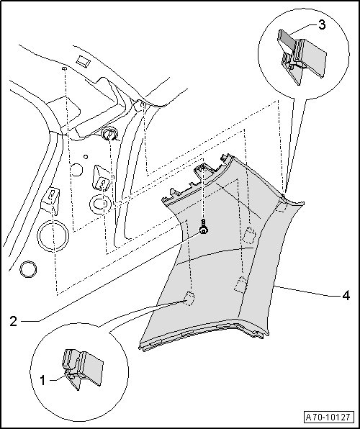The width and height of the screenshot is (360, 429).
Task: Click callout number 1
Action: pyautogui.click(x=42, y=380)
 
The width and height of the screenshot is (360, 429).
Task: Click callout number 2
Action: pyautogui.click(x=14, y=321)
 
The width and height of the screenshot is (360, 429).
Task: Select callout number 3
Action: pyautogui.click(x=322, y=24)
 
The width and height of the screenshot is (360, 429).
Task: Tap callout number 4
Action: pyautogui.click(x=346, y=296)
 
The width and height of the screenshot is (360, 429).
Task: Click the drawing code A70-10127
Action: pyautogui.click(x=328, y=417)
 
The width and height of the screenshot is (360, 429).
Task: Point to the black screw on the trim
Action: pyautogui.click(x=203, y=227)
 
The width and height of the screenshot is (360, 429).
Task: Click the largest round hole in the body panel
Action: pyautogui.click(x=53, y=235)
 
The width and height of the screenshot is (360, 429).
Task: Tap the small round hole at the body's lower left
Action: pyautogui.click(x=28, y=269)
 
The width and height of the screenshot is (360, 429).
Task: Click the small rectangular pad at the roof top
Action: pyautogui.click(x=84, y=61)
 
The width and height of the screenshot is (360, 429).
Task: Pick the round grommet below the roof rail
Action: pyautogui.click(x=109, y=134)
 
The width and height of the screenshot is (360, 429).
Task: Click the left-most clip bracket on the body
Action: pyautogui.click(x=50, y=200)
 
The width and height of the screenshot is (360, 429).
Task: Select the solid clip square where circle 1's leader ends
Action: pyautogui.click(x=189, y=299)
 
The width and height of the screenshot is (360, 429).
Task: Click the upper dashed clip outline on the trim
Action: pyautogui.click(x=249, y=235)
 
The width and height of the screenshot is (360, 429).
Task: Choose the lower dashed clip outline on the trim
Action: pyautogui.click(x=241, y=285)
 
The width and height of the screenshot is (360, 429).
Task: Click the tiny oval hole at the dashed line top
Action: pyautogui.click(x=65, y=68)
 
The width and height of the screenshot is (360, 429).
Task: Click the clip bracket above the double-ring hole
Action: pyautogui.click(x=102, y=178)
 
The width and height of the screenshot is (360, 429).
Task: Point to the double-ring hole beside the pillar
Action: pyautogui.click(x=100, y=204)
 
